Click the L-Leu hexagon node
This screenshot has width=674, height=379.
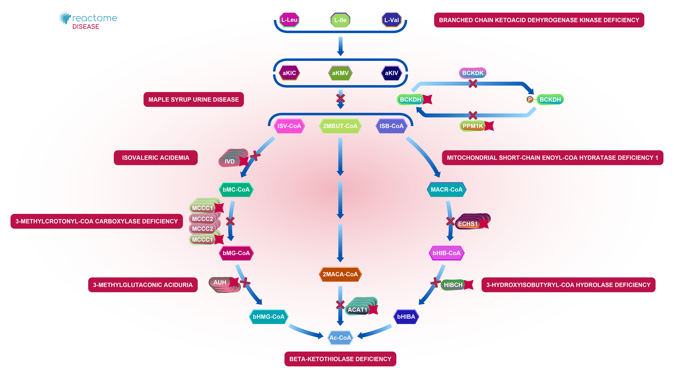[x=289, y=20]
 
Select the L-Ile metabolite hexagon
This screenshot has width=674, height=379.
[x=340, y=20]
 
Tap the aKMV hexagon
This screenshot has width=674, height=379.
[x=340, y=73]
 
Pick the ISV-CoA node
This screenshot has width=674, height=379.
[x=289, y=126]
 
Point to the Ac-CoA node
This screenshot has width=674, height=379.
[x=340, y=338]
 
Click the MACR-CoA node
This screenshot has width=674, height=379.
[x=446, y=189]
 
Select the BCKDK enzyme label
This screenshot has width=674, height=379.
[x=473, y=73]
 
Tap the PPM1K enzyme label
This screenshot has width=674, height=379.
[x=473, y=126]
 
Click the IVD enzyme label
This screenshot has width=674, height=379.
[x=229, y=162]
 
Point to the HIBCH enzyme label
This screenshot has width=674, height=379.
[x=453, y=285]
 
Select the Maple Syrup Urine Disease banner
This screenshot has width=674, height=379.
[x=194, y=99]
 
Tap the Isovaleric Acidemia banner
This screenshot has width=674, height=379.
[x=156, y=158]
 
